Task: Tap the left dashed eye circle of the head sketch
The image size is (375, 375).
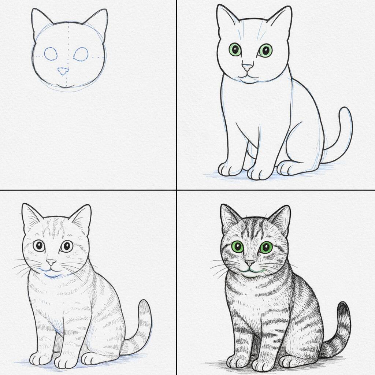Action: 51,54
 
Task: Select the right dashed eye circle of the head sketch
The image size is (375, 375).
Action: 81,54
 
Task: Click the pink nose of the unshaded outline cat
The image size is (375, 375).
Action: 247,67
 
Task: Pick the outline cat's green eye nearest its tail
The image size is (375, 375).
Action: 266,50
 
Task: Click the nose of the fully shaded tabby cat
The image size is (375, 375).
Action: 250,263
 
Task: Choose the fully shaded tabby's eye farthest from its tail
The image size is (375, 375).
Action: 237,247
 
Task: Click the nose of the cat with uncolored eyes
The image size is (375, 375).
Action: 51,262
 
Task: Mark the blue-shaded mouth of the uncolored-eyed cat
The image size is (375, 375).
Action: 51,273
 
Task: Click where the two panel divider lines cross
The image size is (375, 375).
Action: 177,190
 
